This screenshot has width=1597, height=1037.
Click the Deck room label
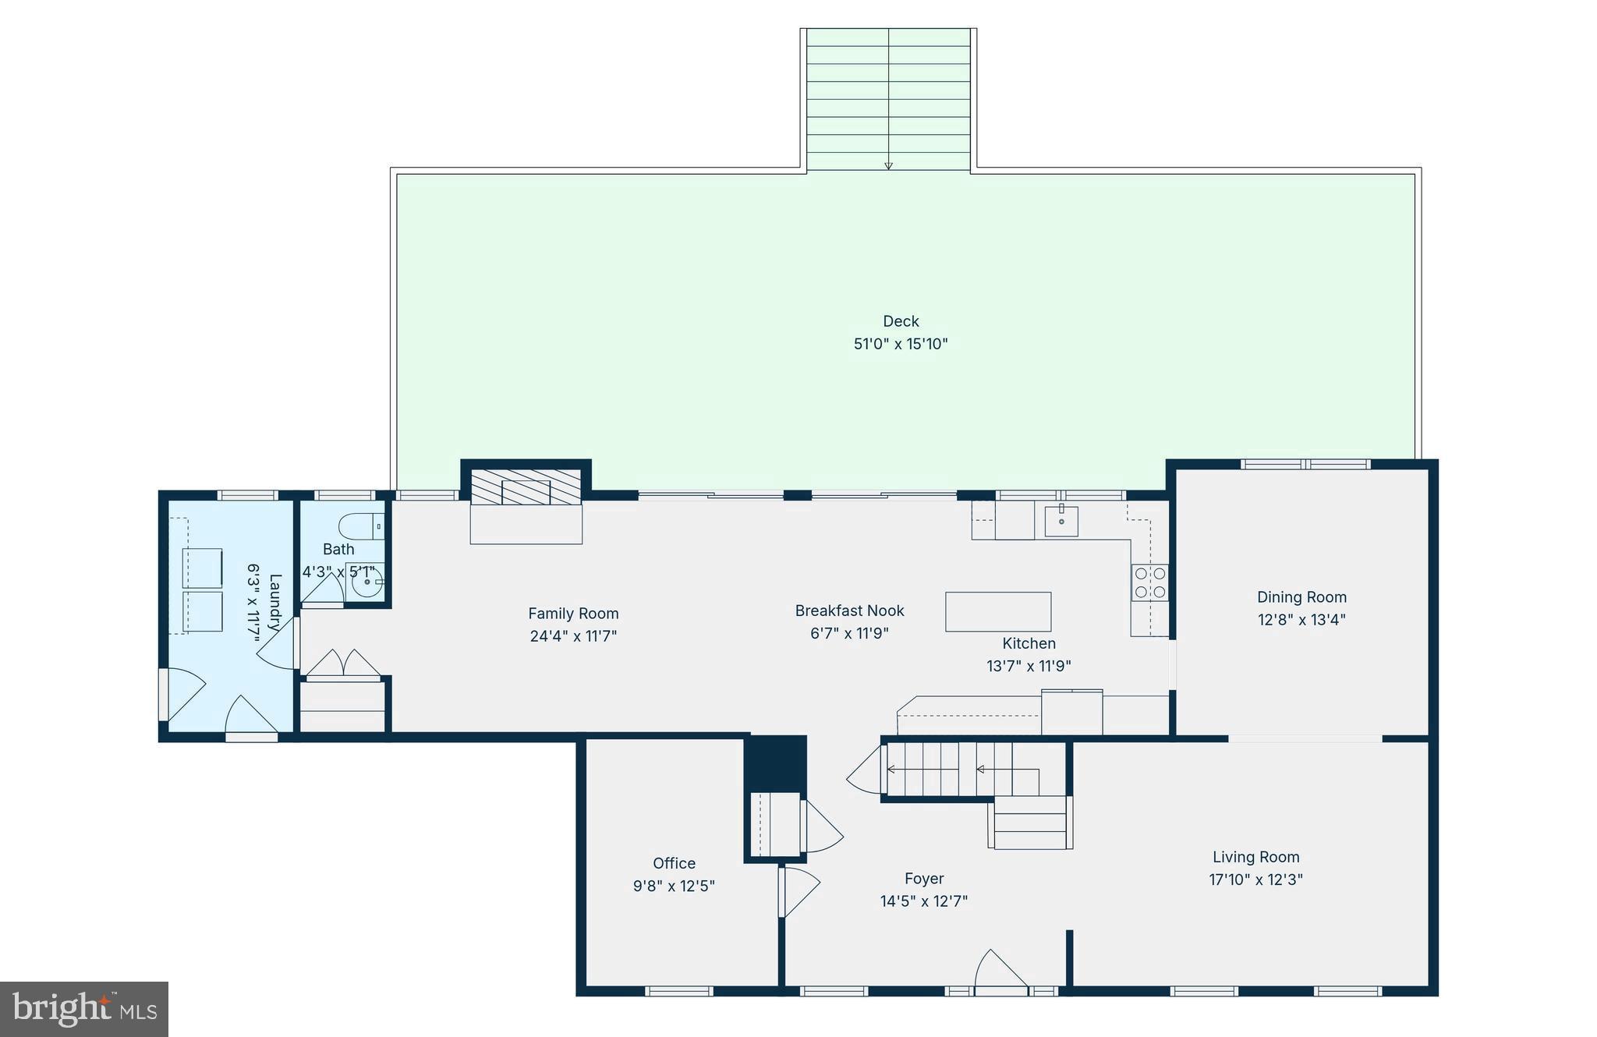tap(901, 321)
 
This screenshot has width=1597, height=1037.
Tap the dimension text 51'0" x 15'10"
tap(901, 344)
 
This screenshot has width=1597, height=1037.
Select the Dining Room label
tap(1301, 597)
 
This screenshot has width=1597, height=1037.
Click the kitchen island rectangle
tap(998, 611)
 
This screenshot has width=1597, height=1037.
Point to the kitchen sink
tap(1061, 521)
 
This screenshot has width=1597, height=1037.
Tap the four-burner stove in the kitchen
tap(1150, 582)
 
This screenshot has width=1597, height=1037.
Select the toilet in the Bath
tap(363, 526)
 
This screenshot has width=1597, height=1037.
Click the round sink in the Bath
tap(366, 582)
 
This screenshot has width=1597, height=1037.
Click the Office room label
tap(674, 863)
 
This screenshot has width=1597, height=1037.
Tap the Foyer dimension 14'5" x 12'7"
tap(924, 901)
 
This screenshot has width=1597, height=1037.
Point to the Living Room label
tap(1255, 857)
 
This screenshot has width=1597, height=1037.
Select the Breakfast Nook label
tap(849, 611)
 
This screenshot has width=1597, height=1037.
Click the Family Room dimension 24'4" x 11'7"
tap(573, 636)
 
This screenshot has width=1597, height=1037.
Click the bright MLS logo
tap(84, 1009)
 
